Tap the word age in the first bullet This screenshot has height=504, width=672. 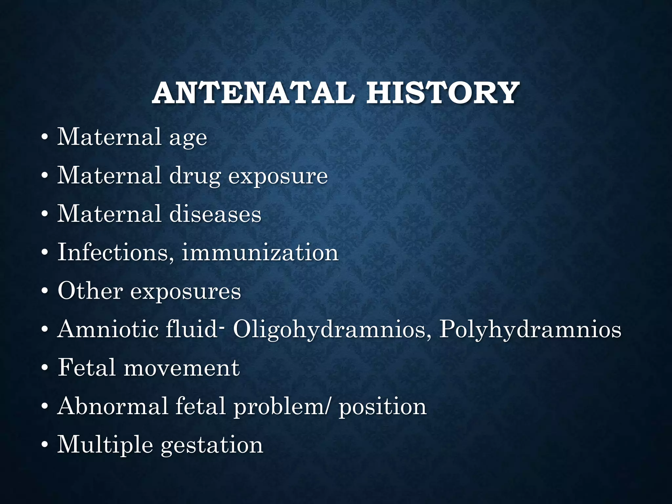coord(188,138)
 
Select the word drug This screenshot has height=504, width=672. coord(195,176)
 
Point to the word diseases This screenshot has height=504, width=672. coord(215,214)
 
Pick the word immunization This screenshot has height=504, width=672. coord(260,253)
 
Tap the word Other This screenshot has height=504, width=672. coord(90,291)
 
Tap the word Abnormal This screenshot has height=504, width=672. coord(113,406)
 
